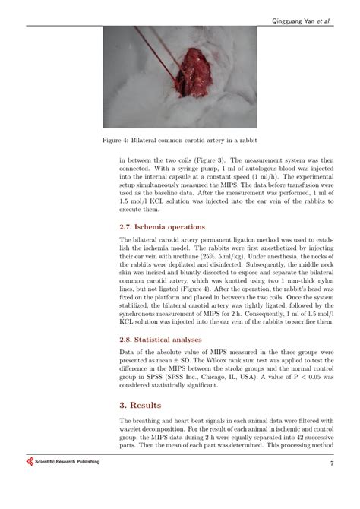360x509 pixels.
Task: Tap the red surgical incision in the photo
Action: (x=195, y=76)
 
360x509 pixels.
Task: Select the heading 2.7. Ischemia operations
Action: (x=163, y=227)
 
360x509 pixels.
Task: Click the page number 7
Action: (x=332, y=463)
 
